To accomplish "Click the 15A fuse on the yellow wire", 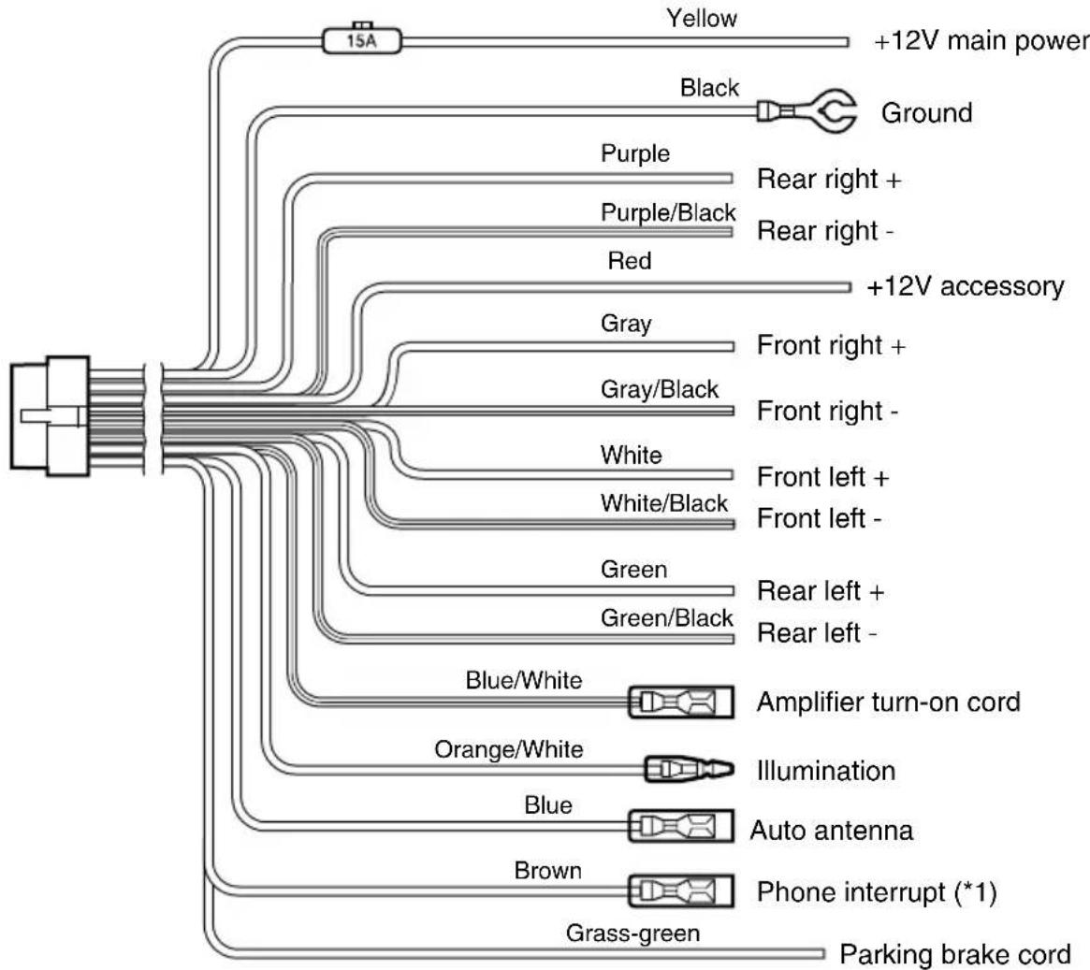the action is (x=362, y=40).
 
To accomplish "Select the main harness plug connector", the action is (x=50, y=415).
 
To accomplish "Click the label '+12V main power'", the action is (x=981, y=41).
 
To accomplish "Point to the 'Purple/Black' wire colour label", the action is (x=668, y=212).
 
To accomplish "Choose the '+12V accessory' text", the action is (x=966, y=286).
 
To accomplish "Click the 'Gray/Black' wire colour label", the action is (x=659, y=390).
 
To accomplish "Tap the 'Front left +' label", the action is (x=822, y=477).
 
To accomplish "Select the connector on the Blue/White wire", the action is (x=680, y=702).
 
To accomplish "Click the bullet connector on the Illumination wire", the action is (x=689, y=769).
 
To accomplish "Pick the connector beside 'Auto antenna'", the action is (x=680, y=826).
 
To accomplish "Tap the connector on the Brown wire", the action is (x=680, y=890).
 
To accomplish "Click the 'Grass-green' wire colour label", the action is (x=632, y=934).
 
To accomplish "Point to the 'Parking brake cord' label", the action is (x=954, y=954).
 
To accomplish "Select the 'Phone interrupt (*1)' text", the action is (x=877, y=892).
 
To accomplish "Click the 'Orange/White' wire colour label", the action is (x=509, y=749).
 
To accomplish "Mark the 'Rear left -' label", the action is (x=817, y=633).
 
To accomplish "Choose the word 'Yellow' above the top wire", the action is (x=702, y=18).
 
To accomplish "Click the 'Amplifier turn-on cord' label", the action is (x=889, y=702).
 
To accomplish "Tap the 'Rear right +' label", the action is (x=829, y=180).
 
